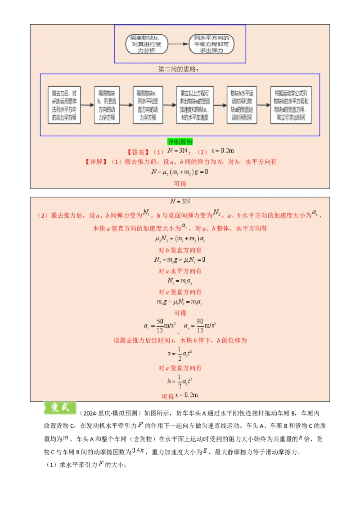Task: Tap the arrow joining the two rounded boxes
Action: pos(179,44)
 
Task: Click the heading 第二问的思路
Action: pos(178,69)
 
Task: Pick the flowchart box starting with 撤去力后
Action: pos(64,105)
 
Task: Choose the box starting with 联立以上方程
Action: pos(195,105)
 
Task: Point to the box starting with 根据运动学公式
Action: pos(291,105)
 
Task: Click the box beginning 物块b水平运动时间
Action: pos(242,105)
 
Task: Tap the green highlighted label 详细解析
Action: pos(180,142)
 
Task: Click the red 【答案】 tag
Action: pos(138,152)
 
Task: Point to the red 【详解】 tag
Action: pos(96,162)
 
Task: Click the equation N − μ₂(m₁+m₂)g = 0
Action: pos(180,172)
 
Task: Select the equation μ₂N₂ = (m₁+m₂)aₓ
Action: pos(180,239)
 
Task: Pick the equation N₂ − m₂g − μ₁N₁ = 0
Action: pos(180,260)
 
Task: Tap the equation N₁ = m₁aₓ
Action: pos(180,282)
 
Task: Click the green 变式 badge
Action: pos(60,408)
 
